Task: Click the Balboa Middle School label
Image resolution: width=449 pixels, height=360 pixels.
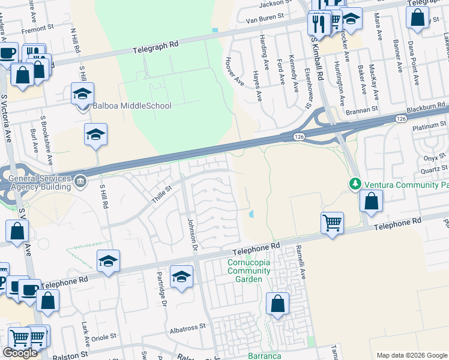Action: pos(131,106)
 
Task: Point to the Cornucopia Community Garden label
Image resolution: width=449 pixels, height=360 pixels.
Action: pos(245,271)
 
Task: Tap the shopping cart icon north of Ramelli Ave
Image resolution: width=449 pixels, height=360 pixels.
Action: pos(332,223)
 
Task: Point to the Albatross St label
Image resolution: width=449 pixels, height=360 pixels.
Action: pos(187,328)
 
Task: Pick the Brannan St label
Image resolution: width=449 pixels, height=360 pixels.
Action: pos(361,110)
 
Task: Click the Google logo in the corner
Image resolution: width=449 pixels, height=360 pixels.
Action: pos(20,353)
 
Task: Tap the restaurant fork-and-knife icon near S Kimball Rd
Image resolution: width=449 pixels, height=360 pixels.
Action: pos(318,23)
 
